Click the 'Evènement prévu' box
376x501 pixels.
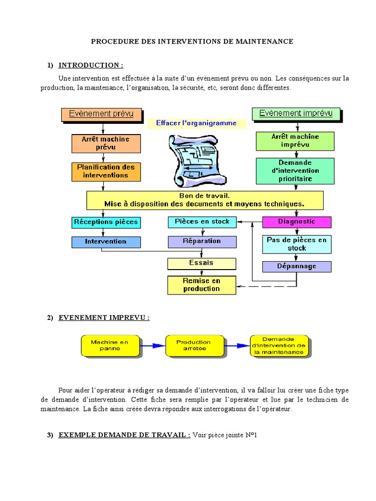point(102,114)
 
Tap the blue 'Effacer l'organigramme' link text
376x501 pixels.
point(196,123)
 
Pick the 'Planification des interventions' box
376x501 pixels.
point(106,172)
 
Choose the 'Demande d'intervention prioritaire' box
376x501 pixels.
point(295,171)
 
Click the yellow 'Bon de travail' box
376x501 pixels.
point(205,200)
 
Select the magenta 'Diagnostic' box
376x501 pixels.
point(297,222)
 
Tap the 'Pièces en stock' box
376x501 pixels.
point(202,222)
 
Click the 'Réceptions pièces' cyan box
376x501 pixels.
point(106,223)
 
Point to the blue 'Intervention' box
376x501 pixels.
point(106,242)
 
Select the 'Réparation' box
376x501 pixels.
point(202,242)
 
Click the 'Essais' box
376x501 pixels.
point(202,264)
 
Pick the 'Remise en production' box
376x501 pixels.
point(202,285)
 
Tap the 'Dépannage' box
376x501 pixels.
point(297,267)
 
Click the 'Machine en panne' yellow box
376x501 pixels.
point(110,346)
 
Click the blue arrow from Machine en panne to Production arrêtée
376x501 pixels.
point(153,346)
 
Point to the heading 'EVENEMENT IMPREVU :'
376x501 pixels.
point(104,318)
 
